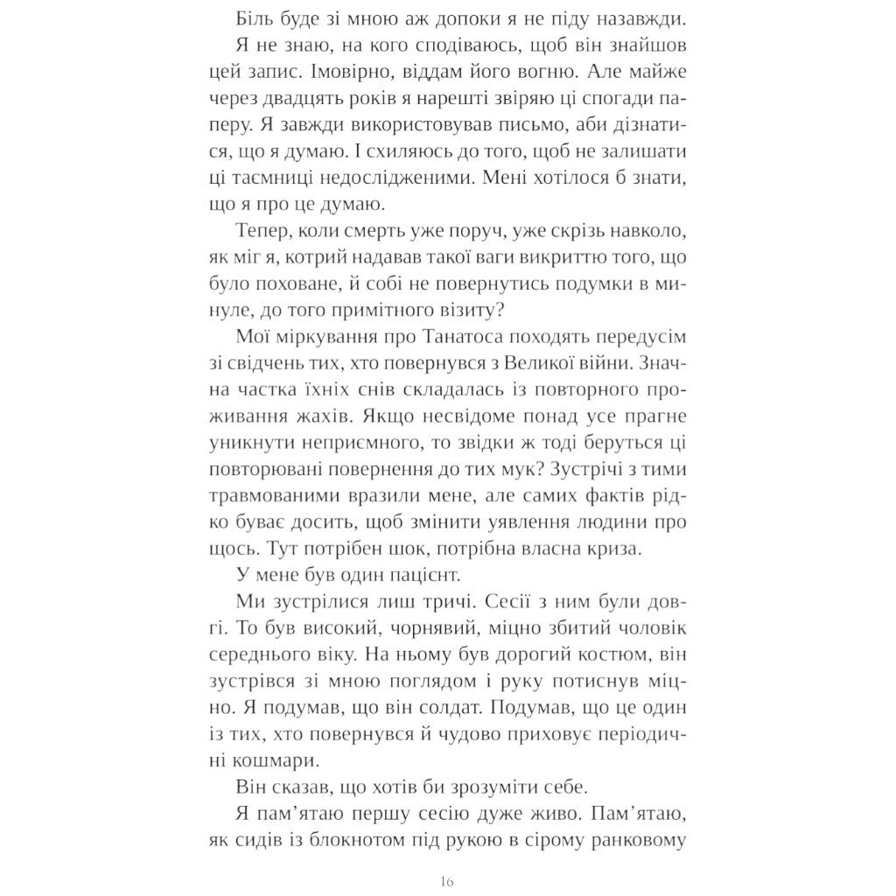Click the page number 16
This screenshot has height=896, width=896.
click(x=448, y=881)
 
